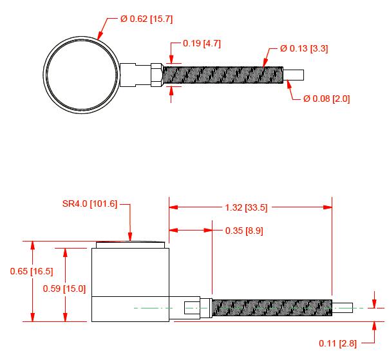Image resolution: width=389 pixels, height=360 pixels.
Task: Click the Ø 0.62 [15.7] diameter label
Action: (x=146, y=19)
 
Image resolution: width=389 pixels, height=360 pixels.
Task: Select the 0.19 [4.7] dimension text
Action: (x=202, y=43)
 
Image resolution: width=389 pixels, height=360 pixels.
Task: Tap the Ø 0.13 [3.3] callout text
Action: (x=304, y=48)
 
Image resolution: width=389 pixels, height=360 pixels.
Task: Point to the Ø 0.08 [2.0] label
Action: (x=327, y=99)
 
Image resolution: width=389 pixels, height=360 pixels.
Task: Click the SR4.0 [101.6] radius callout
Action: (x=90, y=204)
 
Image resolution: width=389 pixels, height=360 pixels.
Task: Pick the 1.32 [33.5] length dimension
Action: (x=246, y=207)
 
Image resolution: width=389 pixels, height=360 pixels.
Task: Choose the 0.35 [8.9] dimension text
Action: (x=244, y=231)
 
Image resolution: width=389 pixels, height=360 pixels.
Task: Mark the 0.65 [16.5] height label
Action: (x=32, y=271)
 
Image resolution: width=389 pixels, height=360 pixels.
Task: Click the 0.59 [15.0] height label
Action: (x=64, y=289)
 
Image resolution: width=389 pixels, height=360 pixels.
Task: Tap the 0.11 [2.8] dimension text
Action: (x=337, y=343)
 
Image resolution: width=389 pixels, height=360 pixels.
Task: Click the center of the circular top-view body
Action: (x=81, y=75)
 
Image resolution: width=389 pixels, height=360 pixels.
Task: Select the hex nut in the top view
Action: (x=157, y=75)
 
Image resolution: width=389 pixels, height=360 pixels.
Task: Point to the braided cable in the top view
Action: (x=223, y=75)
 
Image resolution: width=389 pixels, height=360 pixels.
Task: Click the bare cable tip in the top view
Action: (x=294, y=75)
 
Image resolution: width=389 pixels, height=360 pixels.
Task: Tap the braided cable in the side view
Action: (x=272, y=308)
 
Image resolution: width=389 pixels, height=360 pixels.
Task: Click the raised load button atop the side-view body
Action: (x=131, y=245)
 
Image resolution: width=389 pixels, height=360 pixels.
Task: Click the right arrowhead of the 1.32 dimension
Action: (x=328, y=207)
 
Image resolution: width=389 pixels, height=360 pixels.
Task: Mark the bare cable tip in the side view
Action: (x=343, y=308)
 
